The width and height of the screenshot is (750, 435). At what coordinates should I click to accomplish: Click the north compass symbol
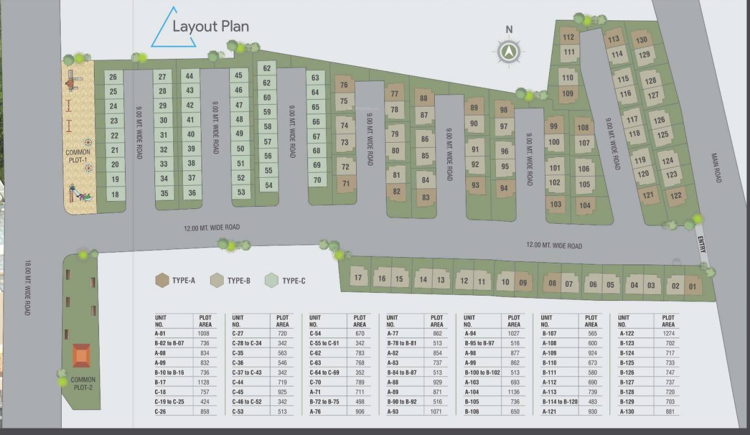coord(509,52)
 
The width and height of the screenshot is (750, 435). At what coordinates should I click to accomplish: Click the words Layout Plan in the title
coord(211,27)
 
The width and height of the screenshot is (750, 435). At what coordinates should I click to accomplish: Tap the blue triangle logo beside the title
coord(172,28)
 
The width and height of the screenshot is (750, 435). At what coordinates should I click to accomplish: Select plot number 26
coord(113,77)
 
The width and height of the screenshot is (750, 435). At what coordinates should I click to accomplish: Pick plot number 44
coord(190,76)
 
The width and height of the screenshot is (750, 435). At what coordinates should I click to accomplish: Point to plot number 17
coord(358,278)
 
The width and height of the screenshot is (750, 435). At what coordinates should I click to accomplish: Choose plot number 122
coord(675,196)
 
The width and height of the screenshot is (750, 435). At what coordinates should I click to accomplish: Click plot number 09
coord(523,282)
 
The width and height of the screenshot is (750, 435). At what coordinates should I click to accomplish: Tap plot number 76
coord(344,86)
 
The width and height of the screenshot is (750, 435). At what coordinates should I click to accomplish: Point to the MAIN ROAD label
coord(718,168)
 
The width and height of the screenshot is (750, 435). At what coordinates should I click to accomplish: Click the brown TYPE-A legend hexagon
coord(162,280)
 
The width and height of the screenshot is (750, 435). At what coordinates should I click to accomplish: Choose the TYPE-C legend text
coord(294,280)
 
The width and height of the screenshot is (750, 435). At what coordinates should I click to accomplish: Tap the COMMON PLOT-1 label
coord(78,156)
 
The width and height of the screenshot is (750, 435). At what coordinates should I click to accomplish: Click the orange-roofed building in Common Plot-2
coord(82,356)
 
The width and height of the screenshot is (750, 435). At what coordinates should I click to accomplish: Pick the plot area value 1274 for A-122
coord(668,334)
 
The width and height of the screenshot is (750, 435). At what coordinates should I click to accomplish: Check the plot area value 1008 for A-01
coord(204,334)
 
